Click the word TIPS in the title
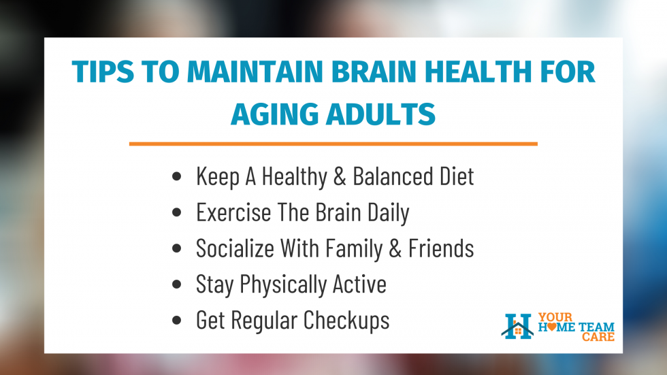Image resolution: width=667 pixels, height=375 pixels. coord(103,71)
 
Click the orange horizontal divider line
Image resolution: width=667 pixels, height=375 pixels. coord(333,144)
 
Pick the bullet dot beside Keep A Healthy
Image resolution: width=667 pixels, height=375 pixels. coord(176,176)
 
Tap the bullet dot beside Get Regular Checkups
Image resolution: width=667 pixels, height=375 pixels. coord(176,320)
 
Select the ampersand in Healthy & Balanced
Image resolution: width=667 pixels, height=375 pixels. coord(340,176)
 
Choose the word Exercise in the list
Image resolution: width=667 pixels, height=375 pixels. coord(233,212)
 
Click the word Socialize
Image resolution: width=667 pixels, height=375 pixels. coord(235,248)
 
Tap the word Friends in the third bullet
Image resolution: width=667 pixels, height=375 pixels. coord(441,248)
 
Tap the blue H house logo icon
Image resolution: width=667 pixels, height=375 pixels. coord(517,327)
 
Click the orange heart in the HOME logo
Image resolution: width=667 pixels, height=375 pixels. coord(552,327)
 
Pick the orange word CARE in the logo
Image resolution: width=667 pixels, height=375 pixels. coord(598,337)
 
